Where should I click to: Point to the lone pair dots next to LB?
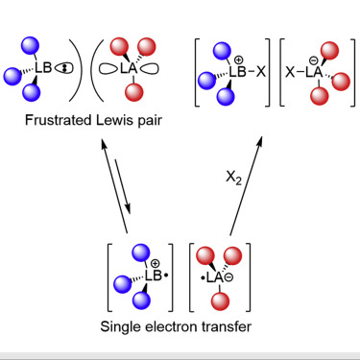63,68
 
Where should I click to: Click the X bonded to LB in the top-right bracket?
261,71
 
